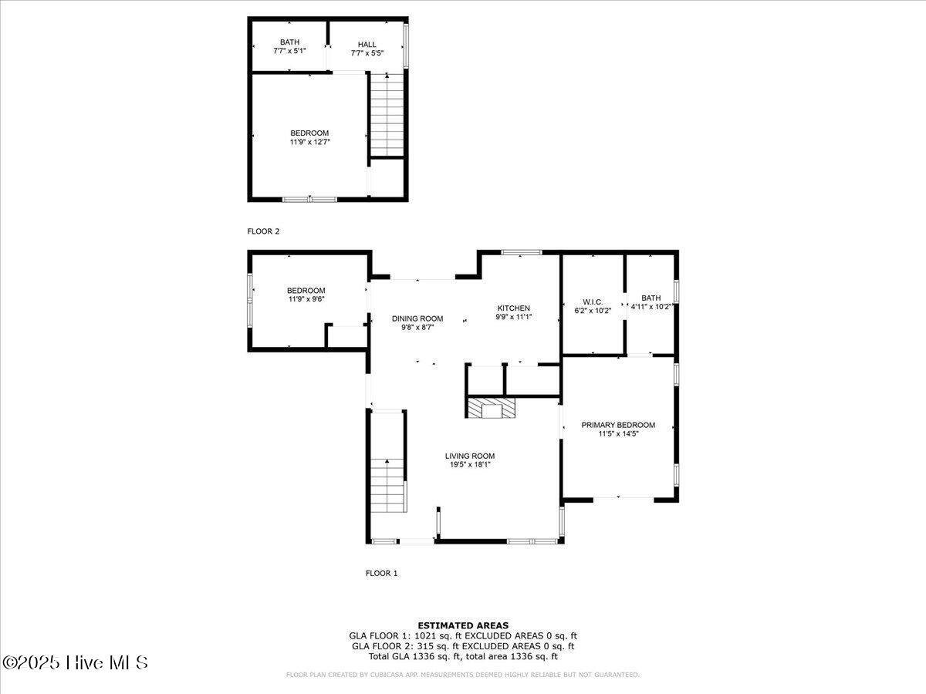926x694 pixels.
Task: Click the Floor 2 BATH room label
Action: (290, 42)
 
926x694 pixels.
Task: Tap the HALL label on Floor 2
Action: (367, 45)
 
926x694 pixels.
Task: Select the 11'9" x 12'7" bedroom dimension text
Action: (309, 143)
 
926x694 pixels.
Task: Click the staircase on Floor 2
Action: (387, 116)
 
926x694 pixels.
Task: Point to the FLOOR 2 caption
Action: (263, 231)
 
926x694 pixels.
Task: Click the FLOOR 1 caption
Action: (381, 573)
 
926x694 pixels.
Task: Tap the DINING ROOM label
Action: (417, 318)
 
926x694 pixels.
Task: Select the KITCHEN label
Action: (513, 308)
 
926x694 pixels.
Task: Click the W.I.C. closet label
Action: (593, 302)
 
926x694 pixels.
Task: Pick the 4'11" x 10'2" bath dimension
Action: (652, 307)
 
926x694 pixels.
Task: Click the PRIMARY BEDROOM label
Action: (618, 425)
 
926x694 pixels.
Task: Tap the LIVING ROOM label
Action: (470, 456)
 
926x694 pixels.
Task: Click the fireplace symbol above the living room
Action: (492, 409)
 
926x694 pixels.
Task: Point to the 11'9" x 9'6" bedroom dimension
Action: (306, 299)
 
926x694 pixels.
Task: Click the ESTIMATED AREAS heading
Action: (463, 625)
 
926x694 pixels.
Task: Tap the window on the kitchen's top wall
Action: (521, 252)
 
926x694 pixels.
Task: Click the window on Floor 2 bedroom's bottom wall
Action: (309, 200)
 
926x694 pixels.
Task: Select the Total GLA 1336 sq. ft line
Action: (463, 656)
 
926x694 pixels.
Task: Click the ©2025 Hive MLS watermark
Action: (75, 662)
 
